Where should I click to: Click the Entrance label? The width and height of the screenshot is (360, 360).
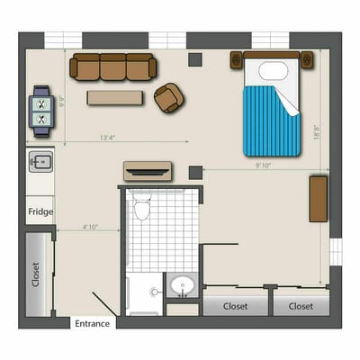[93, 324]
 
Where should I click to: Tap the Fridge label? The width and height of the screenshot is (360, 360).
[40, 212]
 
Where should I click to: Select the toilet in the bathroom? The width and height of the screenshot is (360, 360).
[141, 210]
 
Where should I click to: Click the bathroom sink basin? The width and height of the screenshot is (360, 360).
[184, 287]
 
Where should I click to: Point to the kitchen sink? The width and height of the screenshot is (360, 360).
[40, 162]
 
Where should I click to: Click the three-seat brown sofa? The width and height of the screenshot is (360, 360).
[113, 66]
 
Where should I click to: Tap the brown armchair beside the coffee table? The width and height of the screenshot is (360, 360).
[167, 97]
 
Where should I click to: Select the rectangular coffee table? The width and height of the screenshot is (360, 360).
[114, 97]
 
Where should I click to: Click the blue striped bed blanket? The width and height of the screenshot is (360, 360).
[269, 121]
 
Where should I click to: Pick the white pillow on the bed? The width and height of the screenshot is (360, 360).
[273, 71]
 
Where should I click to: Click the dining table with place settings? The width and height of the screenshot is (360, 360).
[41, 110]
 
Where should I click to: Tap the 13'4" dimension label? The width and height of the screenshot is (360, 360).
[108, 138]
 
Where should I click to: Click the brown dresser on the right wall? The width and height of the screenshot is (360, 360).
[318, 199]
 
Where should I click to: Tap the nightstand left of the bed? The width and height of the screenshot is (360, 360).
[236, 60]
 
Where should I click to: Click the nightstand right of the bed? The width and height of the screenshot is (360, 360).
[308, 60]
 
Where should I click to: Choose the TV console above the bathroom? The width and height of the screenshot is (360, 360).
[147, 171]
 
